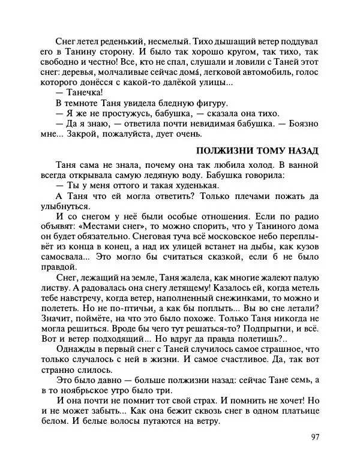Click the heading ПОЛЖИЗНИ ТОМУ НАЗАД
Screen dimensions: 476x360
click(x=258, y=149)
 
